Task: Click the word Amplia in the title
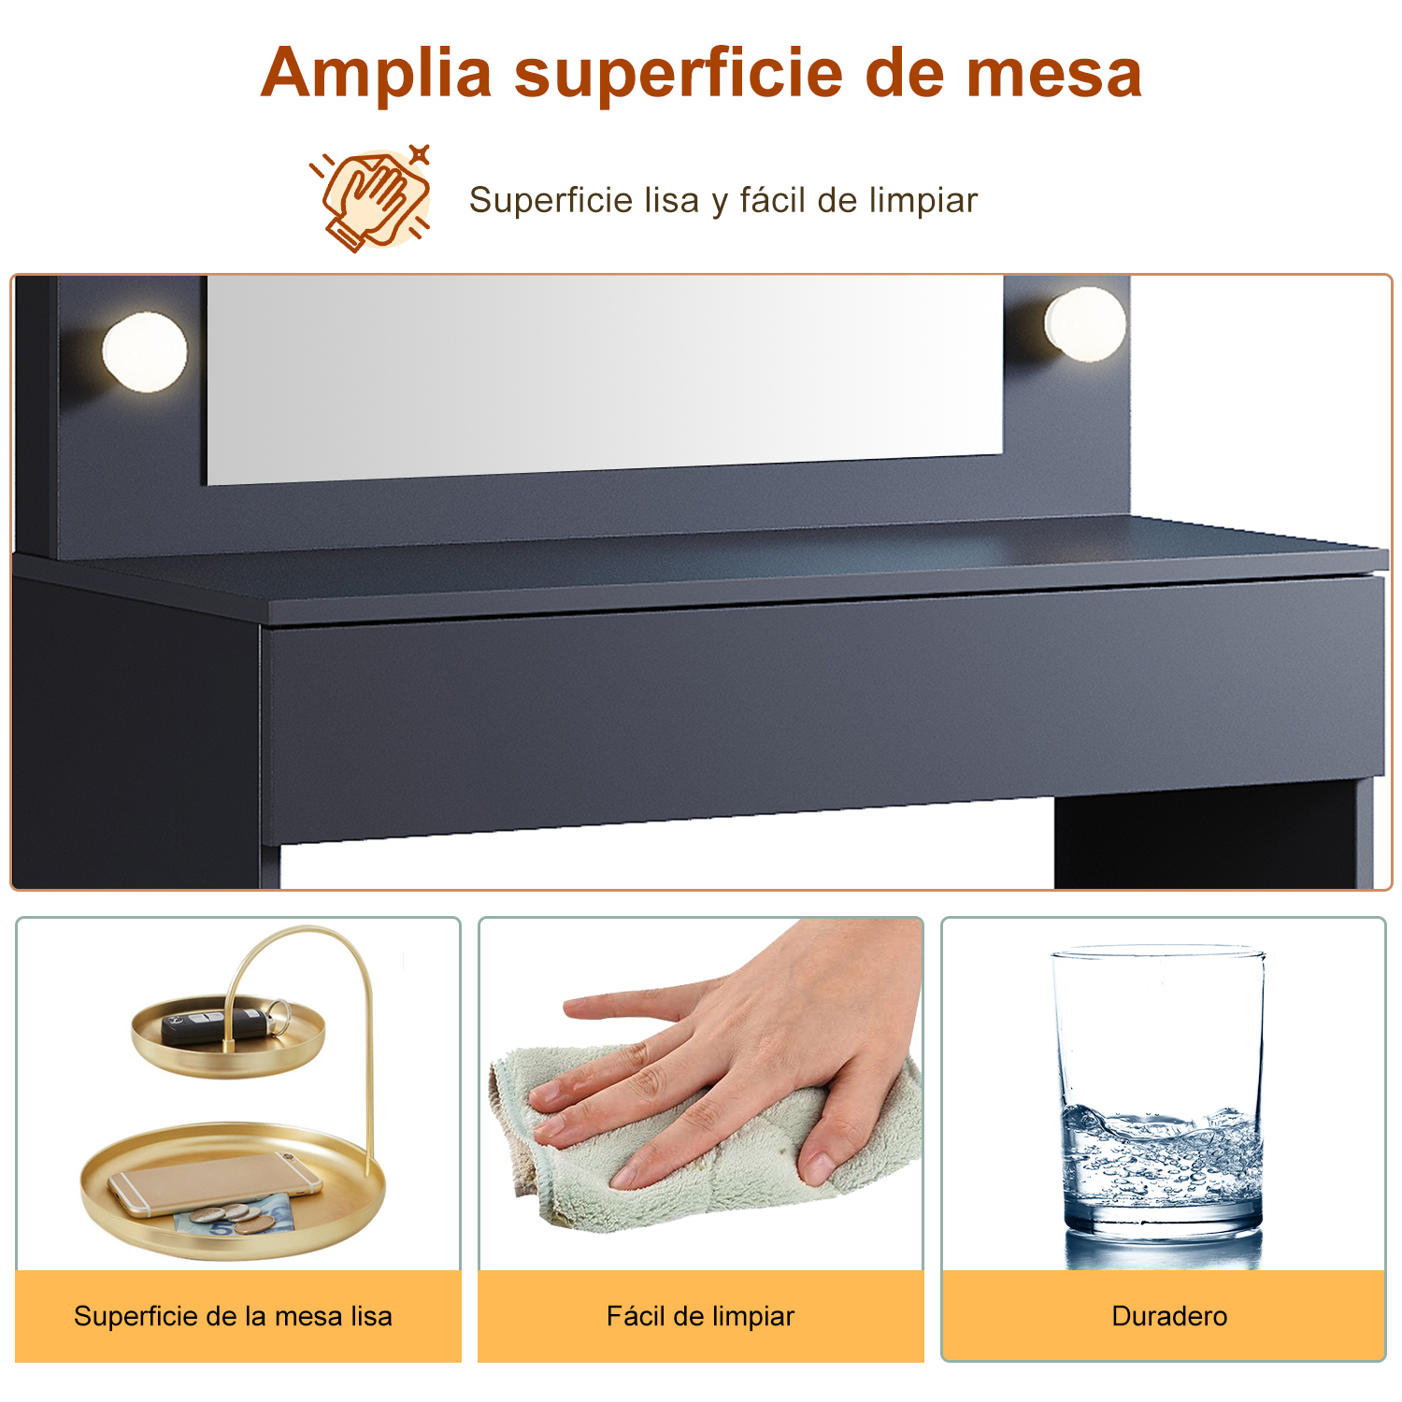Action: click(x=377, y=73)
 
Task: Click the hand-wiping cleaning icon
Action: click(x=371, y=197)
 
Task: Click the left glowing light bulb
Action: click(x=145, y=351)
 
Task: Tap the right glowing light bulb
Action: click(x=1085, y=324)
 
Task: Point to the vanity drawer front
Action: click(x=823, y=710)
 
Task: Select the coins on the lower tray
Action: click(x=235, y=1216)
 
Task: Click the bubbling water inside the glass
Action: click(x=1161, y=1159)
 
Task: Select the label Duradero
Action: click(x=1169, y=1316)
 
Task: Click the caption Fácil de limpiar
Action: click(x=700, y=1316)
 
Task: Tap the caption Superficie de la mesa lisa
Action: click(x=233, y=1316)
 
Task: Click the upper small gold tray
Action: click(x=228, y=1037)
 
